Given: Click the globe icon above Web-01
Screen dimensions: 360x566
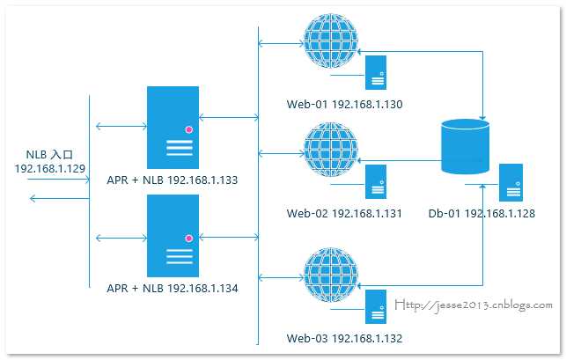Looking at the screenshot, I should tap(329, 40).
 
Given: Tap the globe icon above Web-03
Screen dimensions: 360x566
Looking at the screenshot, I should tap(329, 276).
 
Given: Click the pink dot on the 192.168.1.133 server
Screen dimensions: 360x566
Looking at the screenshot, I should tap(188, 129).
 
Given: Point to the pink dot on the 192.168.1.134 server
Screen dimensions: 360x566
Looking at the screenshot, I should tap(188, 238).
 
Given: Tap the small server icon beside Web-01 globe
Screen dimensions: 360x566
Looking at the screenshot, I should tap(377, 71).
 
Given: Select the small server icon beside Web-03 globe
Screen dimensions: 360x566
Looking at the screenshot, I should tap(377, 307).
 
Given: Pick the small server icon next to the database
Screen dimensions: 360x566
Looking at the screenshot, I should tap(511, 181).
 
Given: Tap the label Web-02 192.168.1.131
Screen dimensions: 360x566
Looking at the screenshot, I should tap(344, 214).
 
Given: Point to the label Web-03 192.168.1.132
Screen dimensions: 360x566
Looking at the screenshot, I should tap(344, 338).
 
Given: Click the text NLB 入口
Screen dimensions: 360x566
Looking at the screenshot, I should tap(50, 152).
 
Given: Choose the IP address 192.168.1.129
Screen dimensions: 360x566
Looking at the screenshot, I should tap(50, 167).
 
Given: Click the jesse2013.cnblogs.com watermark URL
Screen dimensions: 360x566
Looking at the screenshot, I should tap(474, 305).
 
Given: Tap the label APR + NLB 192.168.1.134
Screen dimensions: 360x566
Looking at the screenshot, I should tap(173, 288).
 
